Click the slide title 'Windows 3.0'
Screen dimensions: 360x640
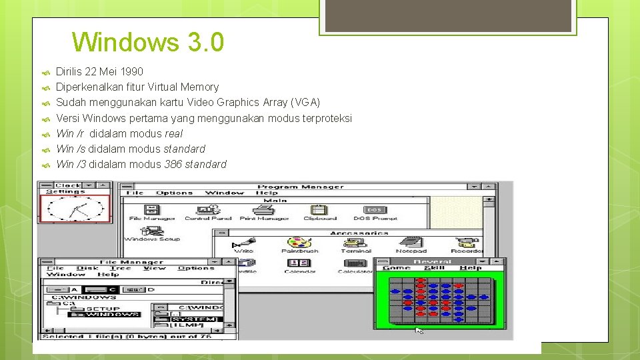148,42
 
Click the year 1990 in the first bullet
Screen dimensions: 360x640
130,71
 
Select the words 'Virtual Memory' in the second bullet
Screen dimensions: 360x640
184,87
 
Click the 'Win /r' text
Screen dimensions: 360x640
70,133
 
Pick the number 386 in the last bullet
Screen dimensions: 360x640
173,164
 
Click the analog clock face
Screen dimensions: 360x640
75,209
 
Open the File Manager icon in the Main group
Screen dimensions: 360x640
151,210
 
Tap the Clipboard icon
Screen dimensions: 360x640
319,210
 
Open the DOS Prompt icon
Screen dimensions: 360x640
375,210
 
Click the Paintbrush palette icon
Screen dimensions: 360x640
299,242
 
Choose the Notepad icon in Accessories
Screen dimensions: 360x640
411,242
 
